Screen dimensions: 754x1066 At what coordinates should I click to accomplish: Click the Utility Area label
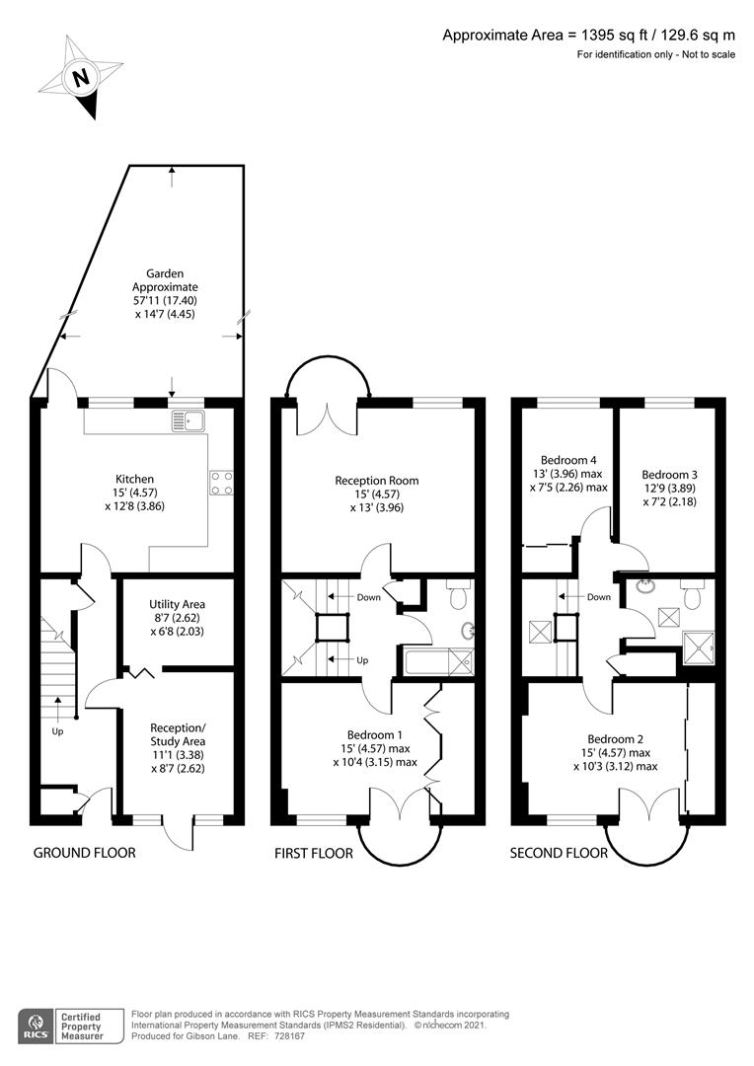(177, 604)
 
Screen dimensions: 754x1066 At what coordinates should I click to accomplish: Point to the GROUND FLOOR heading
(84, 853)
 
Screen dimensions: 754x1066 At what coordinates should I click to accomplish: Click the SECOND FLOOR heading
(559, 853)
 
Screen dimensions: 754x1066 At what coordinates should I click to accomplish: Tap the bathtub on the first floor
(438, 661)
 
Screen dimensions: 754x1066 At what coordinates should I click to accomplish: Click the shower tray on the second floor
(699, 648)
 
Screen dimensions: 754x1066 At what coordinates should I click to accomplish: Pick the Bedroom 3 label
(670, 475)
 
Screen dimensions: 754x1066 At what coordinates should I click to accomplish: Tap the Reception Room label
(377, 481)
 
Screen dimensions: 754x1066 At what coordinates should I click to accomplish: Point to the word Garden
(165, 273)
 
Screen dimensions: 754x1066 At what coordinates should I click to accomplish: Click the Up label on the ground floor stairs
(58, 732)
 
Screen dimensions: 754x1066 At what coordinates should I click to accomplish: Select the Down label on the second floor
(599, 597)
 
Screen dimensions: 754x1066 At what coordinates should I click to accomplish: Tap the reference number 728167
(290, 1036)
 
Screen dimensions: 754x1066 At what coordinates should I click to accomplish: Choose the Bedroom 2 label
(615, 739)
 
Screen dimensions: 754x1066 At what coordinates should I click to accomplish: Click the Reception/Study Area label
(178, 734)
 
